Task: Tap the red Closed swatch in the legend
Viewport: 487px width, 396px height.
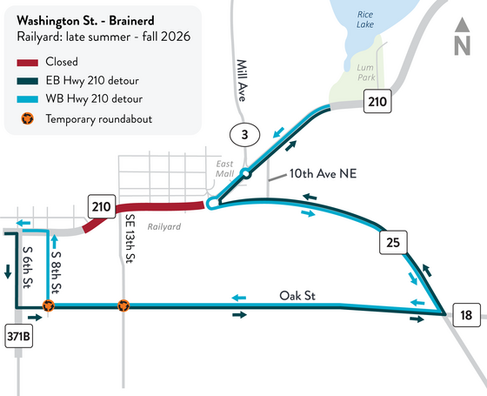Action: tap(35, 63)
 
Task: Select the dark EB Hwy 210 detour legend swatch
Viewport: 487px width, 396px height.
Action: tap(35, 81)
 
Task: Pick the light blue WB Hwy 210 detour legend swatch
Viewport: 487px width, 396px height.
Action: tap(35, 99)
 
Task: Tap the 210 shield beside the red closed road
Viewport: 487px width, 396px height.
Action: tap(101, 206)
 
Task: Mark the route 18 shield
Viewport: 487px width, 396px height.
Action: tap(466, 315)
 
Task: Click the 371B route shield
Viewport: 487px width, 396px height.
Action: tap(18, 337)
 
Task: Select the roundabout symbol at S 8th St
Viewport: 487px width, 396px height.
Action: tap(49, 306)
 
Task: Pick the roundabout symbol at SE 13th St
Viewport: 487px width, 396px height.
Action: tap(123, 306)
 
